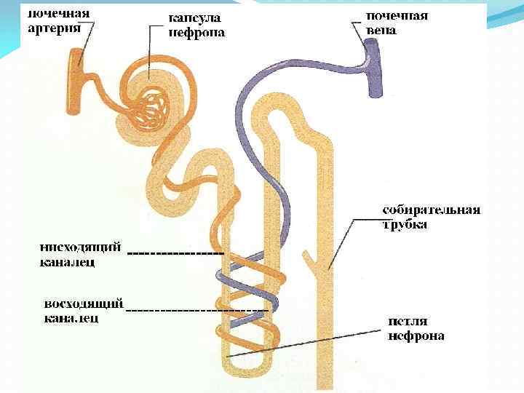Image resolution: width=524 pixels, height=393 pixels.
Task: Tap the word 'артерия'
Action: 53,29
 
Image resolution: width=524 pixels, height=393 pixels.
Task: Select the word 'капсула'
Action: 195,17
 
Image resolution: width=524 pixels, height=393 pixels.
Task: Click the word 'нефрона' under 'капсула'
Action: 196,32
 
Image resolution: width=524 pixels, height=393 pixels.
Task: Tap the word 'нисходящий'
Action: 81,247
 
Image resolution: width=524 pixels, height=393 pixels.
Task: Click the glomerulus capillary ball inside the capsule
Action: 154,106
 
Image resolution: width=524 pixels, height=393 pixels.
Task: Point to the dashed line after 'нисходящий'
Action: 175,253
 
